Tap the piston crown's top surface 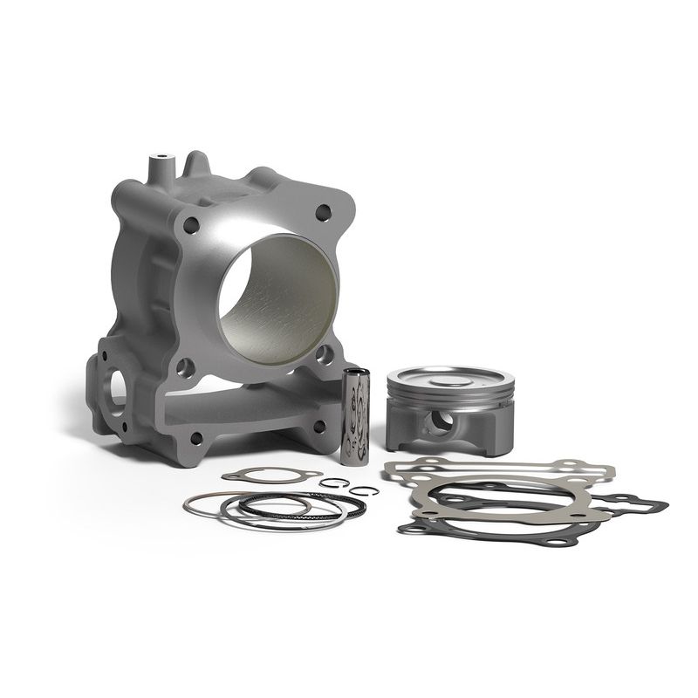pyautogui.click(x=449, y=378)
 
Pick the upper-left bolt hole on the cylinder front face pyautogui.click(x=191, y=225)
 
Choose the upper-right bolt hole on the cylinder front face pyautogui.click(x=324, y=212)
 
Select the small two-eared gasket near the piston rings pyautogui.click(x=270, y=476)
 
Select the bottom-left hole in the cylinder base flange pyautogui.click(x=196, y=438)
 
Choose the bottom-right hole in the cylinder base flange pyautogui.click(x=319, y=426)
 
